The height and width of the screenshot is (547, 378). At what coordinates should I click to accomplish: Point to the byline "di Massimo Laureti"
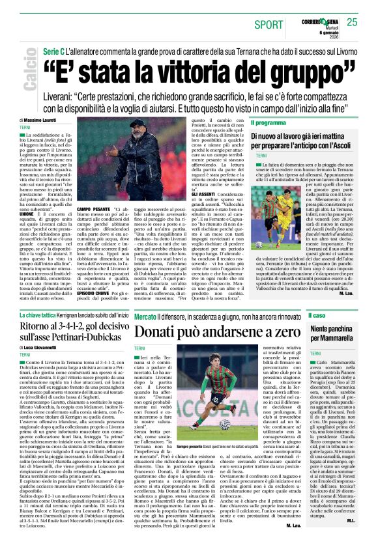pos(40,121)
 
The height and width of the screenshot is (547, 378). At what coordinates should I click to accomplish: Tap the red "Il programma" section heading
pos(267,122)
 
